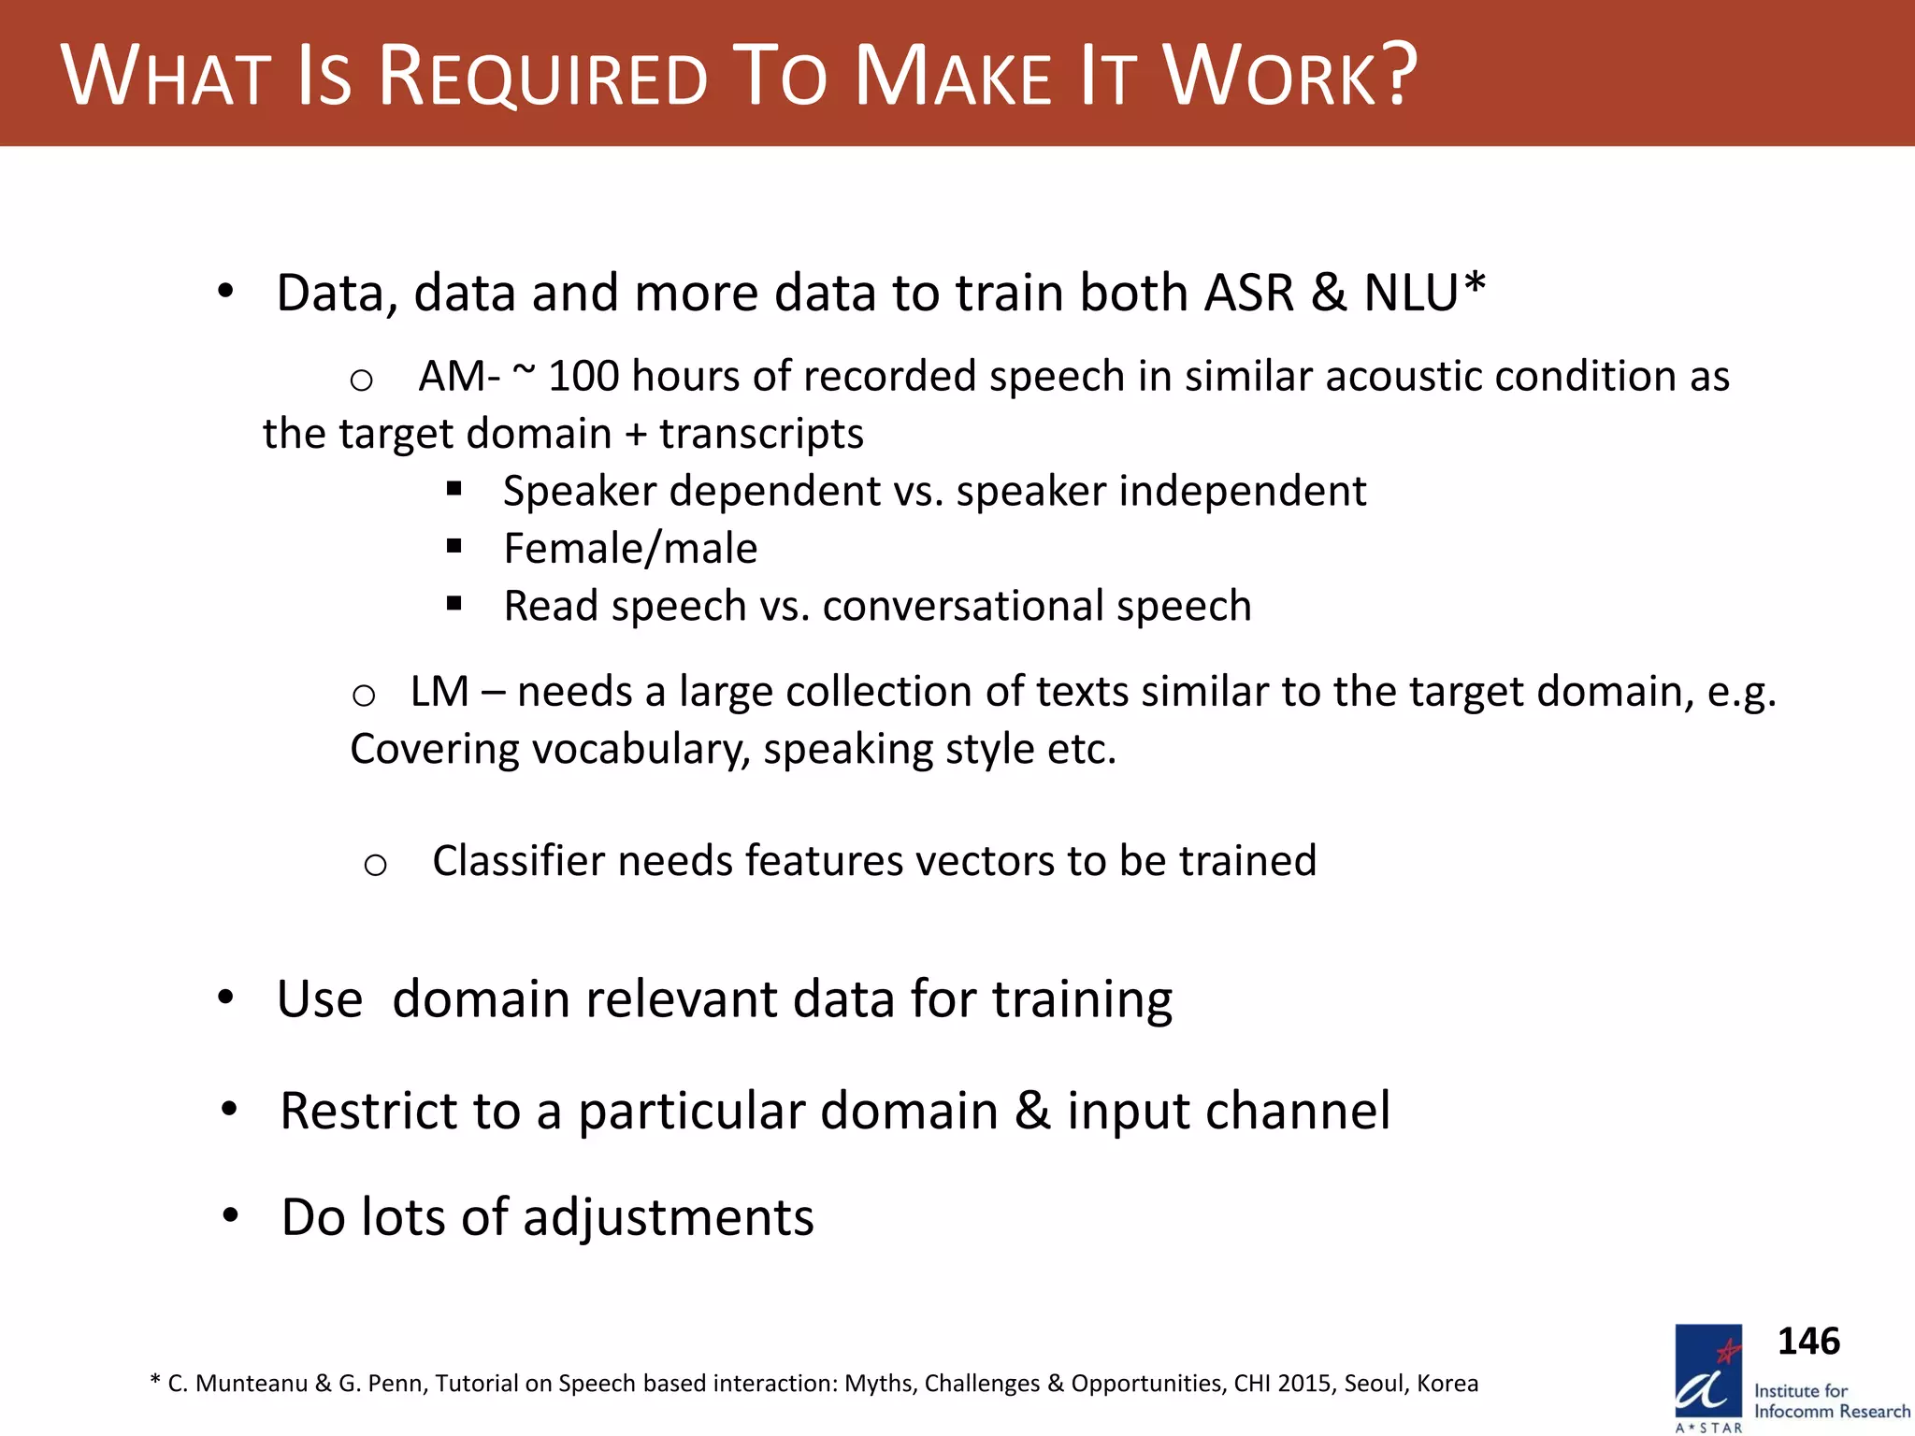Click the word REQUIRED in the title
pyautogui.click(x=542, y=77)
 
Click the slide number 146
pyautogui.click(x=1807, y=1342)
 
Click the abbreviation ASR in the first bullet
pyautogui.click(x=1248, y=293)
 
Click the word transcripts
pyautogui.click(x=761, y=434)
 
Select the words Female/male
pyautogui.click(x=630, y=549)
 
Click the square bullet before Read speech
pyautogui.click(x=454, y=604)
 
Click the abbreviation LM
pyautogui.click(x=439, y=692)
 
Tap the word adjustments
pyautogui.click(x=668, y=1218)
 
